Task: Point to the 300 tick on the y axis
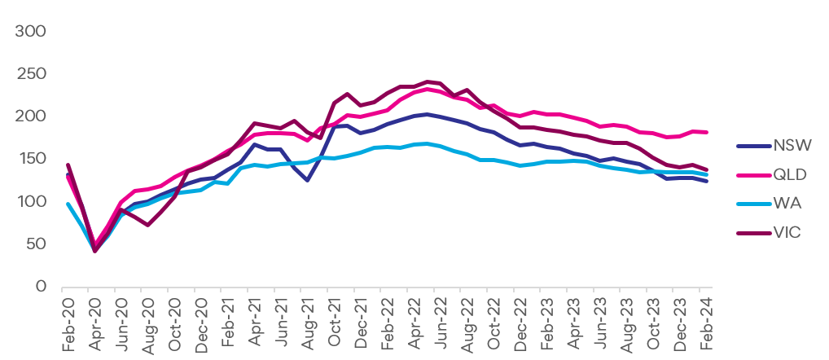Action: (x=32, y=32)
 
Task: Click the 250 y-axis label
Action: (x=32, y=74)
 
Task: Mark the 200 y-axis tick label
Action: (x=32, y=116)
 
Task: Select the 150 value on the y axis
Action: (x=32, y=159)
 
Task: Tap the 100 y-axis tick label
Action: (x=32, y=201)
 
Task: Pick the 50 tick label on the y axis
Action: (x=36, y=244)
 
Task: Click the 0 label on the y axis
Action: (x=41, y=287)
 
